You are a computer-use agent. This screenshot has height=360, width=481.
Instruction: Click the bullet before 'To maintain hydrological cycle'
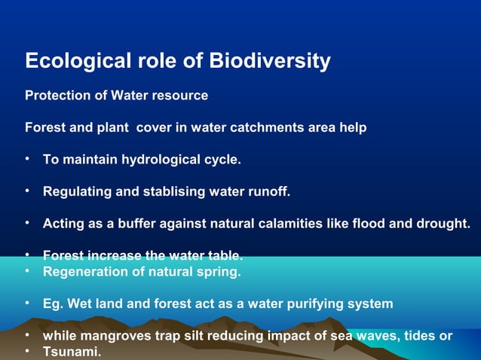click(x=27, y=160)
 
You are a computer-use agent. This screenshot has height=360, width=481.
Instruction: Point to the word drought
click(x=445, y=224)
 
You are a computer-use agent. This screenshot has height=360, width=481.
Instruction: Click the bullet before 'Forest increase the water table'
click(x=27, y=255)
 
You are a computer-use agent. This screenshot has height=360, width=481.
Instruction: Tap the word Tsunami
click(x=71, y=352)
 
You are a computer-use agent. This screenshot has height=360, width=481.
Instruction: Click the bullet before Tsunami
click(x=27, y=352)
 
